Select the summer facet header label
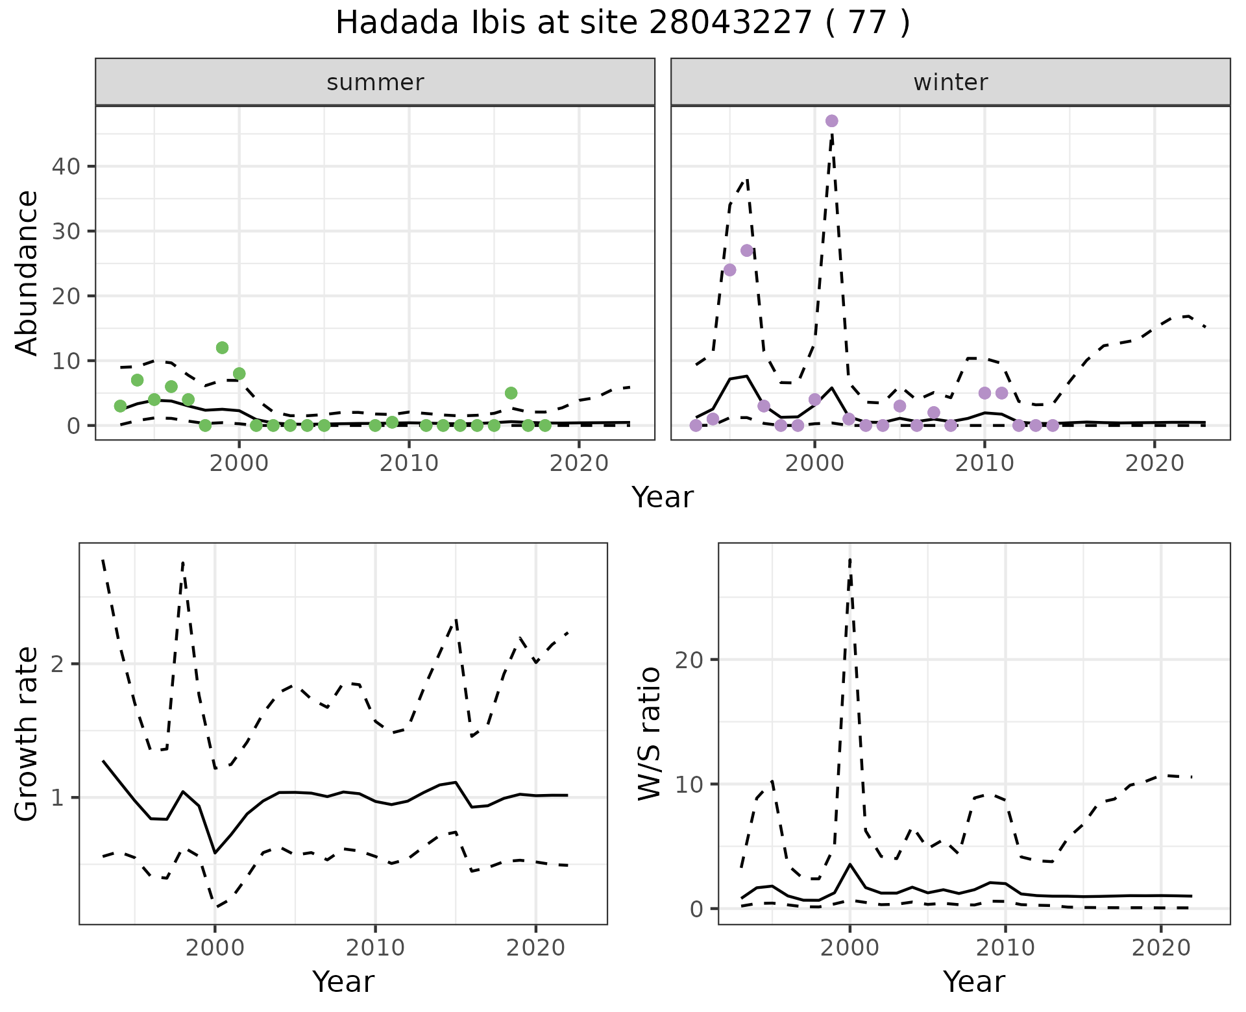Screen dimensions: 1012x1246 click(375, 82)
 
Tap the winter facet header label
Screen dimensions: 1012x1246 click(950, 82)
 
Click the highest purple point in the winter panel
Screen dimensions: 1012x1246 click(831, 121)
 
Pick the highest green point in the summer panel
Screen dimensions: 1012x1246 click(222, 348)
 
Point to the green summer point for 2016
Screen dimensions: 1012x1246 click(511, 393)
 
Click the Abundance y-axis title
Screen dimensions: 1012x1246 click(27, 273)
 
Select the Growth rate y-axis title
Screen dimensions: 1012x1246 click(27, 734)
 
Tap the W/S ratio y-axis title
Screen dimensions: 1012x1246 click(650, 734)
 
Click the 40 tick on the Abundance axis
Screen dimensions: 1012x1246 click(66, 167)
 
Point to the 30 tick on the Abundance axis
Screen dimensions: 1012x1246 click(66, 232)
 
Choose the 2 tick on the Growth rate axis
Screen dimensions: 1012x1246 click(58, 664)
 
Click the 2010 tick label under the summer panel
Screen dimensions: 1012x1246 click(409, 463)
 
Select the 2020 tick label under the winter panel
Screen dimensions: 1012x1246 click(1154, 463)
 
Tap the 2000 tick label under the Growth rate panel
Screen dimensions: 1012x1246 click(215, 948)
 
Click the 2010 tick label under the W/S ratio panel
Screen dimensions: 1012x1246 click(1005, 948)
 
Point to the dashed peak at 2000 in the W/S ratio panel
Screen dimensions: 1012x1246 click(849, 559)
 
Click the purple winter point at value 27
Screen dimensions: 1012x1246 click(746, 250)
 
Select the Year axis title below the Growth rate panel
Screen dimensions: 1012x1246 click(343, 982)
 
